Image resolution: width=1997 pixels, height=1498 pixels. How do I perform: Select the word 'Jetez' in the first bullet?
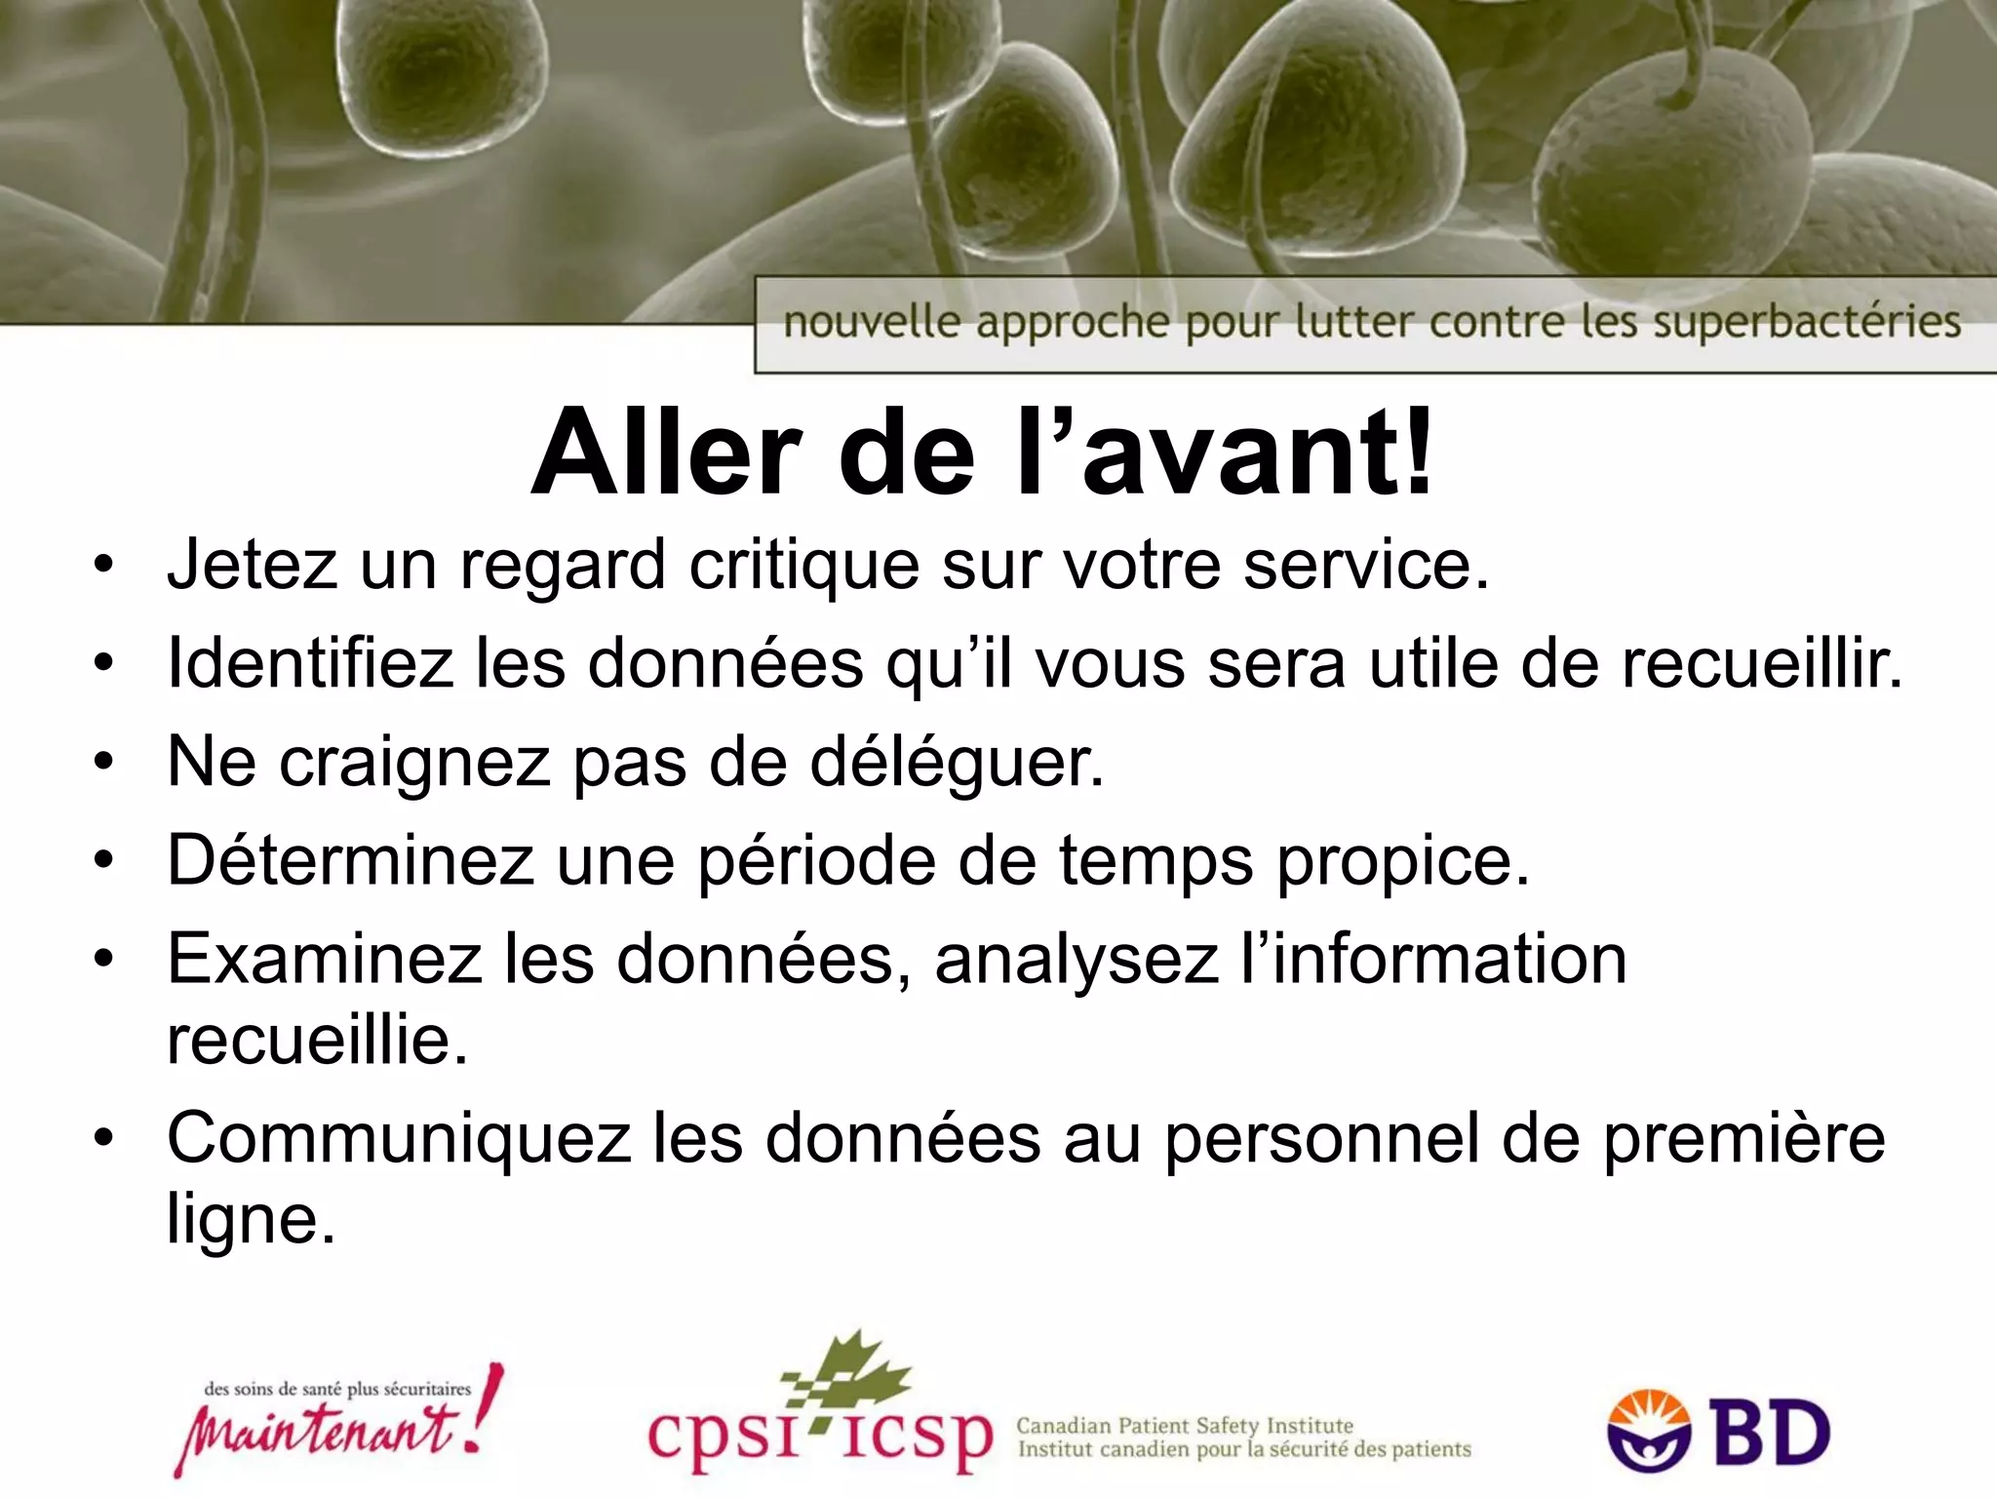(253, 565)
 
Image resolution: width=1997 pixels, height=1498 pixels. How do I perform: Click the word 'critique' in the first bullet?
(803, 567)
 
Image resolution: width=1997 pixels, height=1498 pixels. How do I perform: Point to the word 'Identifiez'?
(310, 663)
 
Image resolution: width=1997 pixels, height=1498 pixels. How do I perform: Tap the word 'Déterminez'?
(350, 860)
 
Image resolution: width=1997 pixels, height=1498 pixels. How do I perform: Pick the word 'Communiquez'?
(399, 1138)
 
